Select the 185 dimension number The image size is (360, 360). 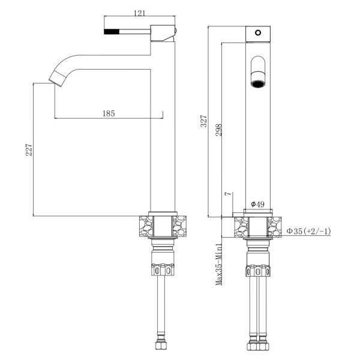tap(108, 112)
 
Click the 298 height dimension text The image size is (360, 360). tap(218, 130)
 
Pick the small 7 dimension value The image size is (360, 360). tap(227, 194)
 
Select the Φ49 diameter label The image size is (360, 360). tap(257, 204)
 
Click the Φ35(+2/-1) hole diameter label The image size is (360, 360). tap(308, 231)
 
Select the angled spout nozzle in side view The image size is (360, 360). tap(56, 76)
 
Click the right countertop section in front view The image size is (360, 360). tap(274, 227)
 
